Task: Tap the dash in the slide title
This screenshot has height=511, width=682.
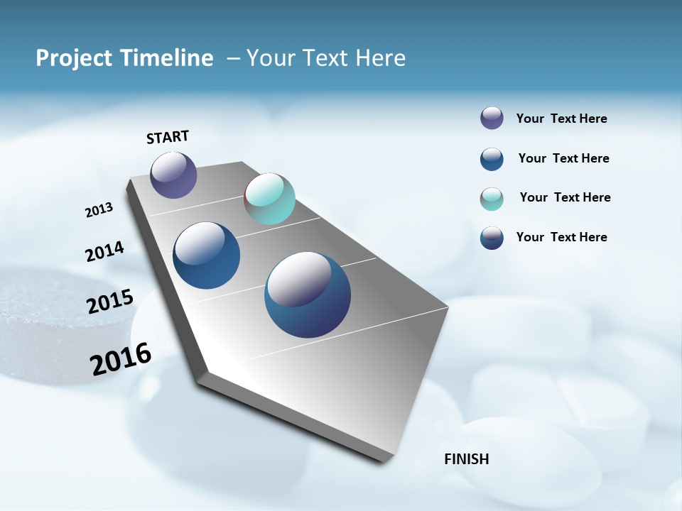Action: (233, 58)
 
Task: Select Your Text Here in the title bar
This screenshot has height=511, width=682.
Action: (326, 58)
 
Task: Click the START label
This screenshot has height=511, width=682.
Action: (168, 137)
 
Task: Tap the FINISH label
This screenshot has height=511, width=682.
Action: (466, 459)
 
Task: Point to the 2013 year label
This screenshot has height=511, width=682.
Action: (99, 210)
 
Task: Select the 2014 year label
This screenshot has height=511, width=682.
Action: (104, 251)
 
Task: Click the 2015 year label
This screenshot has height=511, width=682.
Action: (110, 302)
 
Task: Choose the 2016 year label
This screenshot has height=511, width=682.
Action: (121, 359)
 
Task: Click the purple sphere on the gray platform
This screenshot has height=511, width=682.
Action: (173, 175)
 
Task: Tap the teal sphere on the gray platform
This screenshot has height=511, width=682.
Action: (269, 199)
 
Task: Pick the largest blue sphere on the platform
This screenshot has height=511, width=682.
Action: (308, 295)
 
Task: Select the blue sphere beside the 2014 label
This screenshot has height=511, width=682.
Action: (206, 255)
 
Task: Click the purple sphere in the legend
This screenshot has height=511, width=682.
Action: (492, 119)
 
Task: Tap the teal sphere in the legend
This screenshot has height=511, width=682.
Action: (492, 199)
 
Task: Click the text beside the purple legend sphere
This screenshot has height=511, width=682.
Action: (561, 119)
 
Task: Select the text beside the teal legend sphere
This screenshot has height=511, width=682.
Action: (565, 197)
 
